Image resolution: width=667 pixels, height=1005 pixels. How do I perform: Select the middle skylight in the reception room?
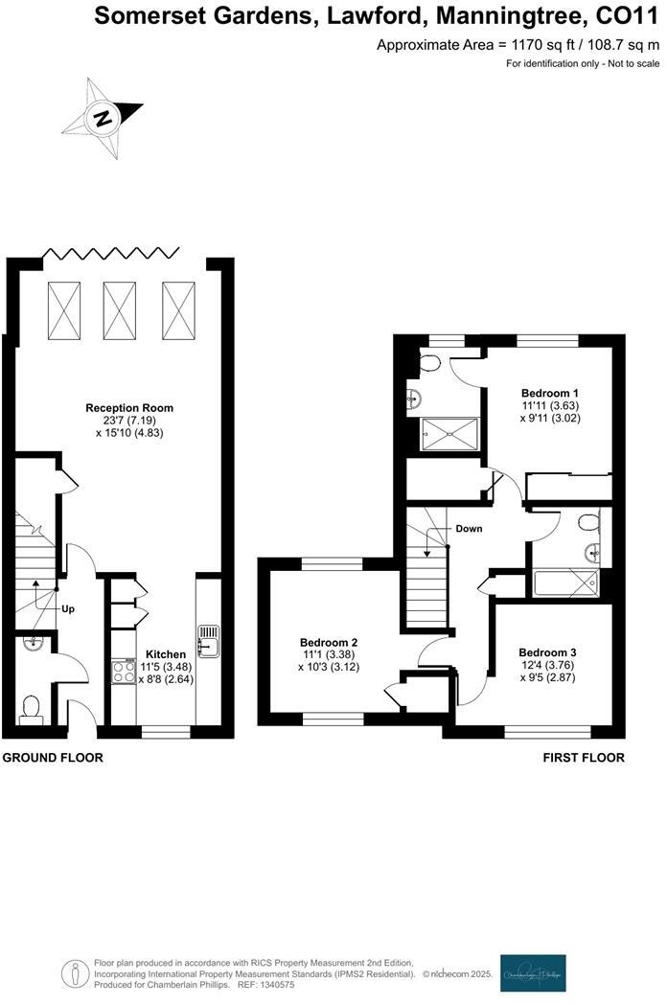(119, 310)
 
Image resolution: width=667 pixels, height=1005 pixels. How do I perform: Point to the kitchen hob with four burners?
(125, 672)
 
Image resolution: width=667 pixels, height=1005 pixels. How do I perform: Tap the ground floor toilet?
(31, 708)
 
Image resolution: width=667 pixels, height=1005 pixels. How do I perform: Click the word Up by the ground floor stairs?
(68, 608)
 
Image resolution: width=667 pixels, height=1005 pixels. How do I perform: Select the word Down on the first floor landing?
(469, 528)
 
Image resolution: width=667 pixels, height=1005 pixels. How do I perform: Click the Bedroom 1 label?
(549, 393)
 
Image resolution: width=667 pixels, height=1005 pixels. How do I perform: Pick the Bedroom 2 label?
(329, 642)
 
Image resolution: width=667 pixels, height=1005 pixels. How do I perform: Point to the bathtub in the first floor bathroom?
(565, 582)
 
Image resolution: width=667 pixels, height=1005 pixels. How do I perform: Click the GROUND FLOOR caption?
(53, 757)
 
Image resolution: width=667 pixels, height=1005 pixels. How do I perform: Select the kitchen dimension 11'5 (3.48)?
(141, 666)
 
